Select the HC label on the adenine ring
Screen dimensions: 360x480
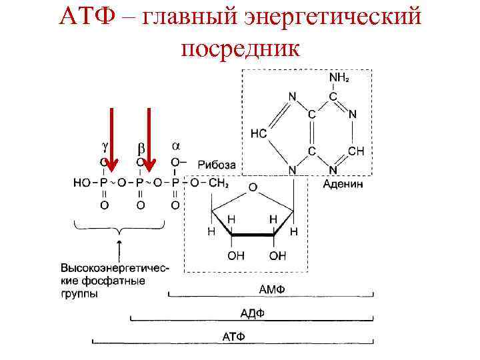coord(259,133)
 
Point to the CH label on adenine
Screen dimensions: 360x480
coord(356,151)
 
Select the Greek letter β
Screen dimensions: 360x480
coord(141,146)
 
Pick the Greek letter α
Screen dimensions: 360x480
coord(176,145)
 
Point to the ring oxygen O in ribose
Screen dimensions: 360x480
coord(252,189)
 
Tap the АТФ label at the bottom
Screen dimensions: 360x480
coord(233,337)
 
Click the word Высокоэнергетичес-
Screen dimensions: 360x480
coord(115,267)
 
